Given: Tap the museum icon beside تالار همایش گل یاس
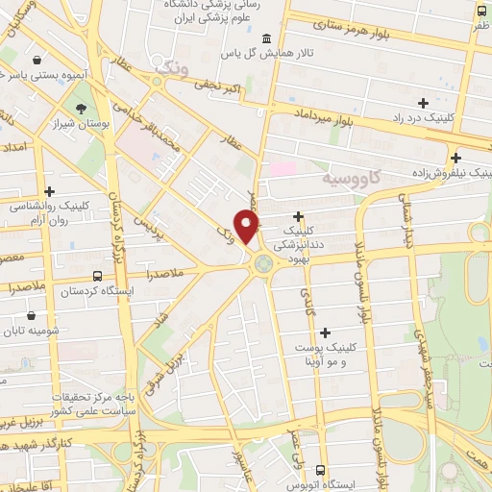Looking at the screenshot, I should point(266,38).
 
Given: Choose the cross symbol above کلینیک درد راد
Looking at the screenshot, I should point(423,102).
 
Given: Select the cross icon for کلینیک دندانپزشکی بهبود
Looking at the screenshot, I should point(298,216).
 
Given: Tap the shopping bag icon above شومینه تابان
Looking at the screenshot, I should point(33,314).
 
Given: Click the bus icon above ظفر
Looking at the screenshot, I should point(480,11).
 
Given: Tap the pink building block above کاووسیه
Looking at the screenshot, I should point(283,169).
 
